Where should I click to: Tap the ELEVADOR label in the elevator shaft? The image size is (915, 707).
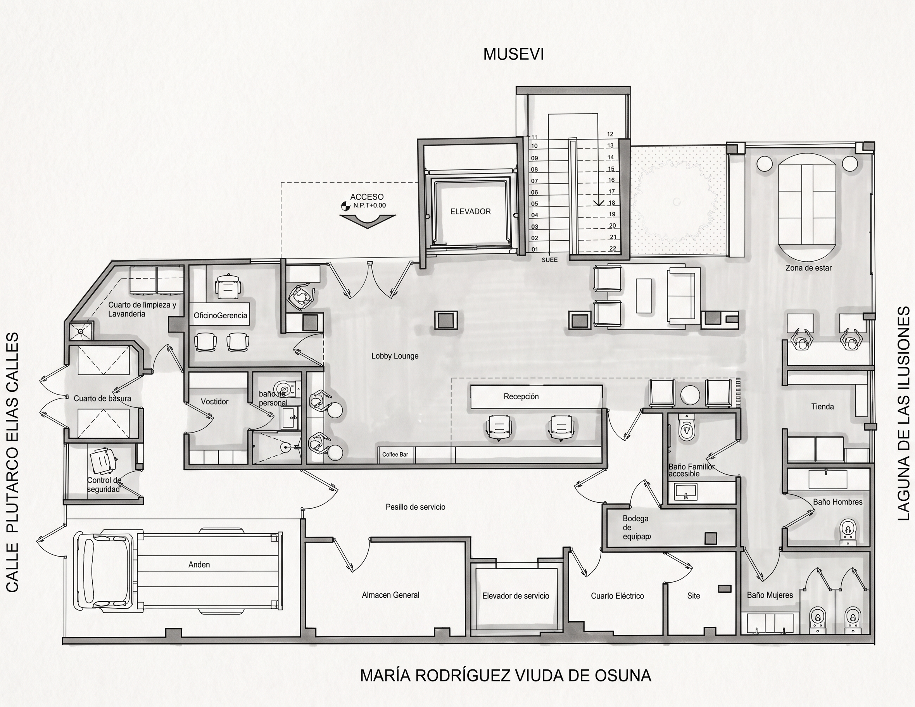[470, 212]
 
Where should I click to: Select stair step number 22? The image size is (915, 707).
[613, 248]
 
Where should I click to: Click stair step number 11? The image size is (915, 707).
[534, 137]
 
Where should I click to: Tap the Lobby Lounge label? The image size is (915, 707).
[395, 356]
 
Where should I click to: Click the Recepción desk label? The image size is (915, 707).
[521, 396]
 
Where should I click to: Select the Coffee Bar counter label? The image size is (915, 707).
[395, 454]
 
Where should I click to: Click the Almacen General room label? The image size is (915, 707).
[390, 595]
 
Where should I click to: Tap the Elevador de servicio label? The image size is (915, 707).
[515, 596]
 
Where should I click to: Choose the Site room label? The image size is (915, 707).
[693, 596]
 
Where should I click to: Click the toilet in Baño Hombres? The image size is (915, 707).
[849, 532]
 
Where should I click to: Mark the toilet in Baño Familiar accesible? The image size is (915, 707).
[686, 426]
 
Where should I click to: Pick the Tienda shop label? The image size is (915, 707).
[822, 406]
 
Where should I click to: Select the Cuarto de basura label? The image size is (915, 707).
[102, 398]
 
